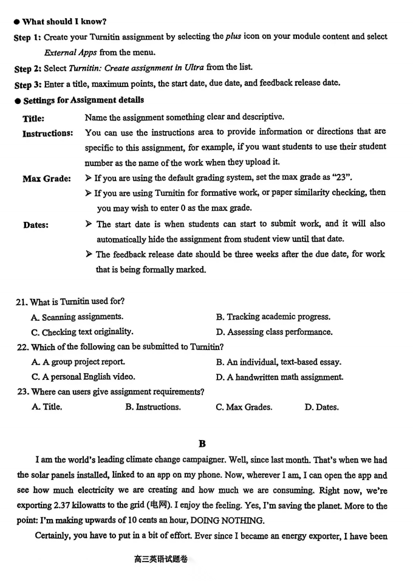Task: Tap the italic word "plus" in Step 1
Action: [x=234, y=36]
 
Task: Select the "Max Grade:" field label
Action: [x=47, y=179]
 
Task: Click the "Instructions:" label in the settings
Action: [x=48, y=133]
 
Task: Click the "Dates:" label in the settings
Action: [x=36, y=225]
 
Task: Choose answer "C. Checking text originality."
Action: [x=82, y=332]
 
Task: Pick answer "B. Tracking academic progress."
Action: [x=273, y=317]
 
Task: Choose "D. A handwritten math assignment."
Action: [x=279, y=377]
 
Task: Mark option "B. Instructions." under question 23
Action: [x=153, y=407]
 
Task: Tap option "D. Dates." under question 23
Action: [x=321, y=407]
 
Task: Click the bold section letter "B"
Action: [x=202, y=444]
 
